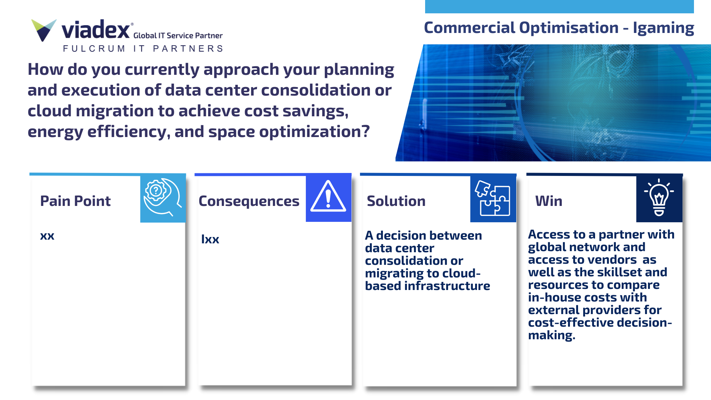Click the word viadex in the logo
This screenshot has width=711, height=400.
pyautogui.click(x=96, y=30)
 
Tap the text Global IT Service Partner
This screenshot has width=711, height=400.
pyautogui.click(x=178, y=36)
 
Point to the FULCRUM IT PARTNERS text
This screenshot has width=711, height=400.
pyautogui.click(x=143, y=49)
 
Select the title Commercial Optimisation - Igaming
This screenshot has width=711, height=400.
pyautogui.click(x=559, y=28)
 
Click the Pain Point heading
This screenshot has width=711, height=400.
pyautogui.click(x=75, y=201)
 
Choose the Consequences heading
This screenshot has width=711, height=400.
pyautogui.click(x=249, y=201)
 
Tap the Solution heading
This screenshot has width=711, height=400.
pyautogui.click(x=396, y=201)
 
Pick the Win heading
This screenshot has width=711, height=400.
pyautogui.click(x=548, y=201)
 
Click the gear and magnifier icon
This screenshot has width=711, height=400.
pyautogui.click(x=163, y=197)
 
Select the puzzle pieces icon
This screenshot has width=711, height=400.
pyautogui.click(x=493, y=198)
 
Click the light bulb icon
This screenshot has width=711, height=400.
pyautogui.click(x=659, y=197)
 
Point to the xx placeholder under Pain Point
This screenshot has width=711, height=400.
pyautogui.click(x=47, y=236)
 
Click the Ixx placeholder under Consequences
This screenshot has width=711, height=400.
pyautogui.click(x=210, y=239)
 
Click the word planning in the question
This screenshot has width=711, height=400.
pyautogui.click(x=359, y=70)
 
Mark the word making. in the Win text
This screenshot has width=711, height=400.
pyautogui.click(x=551, y=336)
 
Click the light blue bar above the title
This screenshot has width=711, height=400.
pyautogui.click(x=559, y=7)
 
